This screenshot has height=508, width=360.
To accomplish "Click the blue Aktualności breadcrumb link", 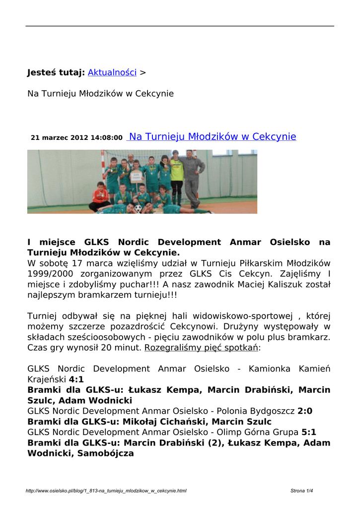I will tap(112, 72).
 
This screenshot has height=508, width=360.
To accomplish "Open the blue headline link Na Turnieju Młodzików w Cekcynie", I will tap(213, 136).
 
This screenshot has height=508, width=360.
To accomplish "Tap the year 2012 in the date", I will tap(79, 137).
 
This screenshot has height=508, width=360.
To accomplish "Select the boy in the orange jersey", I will tap(101, 196).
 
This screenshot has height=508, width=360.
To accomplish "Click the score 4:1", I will tap(76, 380).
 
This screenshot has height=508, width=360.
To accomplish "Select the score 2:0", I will tap(305, 411).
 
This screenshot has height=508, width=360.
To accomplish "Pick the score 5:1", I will tap(309, 432).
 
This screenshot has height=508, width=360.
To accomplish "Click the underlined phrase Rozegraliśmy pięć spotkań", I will tap(201, 348).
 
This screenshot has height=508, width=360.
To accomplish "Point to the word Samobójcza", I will tap(106, 453).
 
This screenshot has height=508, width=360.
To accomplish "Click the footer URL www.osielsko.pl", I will tap(106, 491).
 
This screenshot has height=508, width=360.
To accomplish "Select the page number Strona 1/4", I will tap(302, 491).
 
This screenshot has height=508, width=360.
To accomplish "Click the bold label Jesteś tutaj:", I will tap(56, 72).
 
